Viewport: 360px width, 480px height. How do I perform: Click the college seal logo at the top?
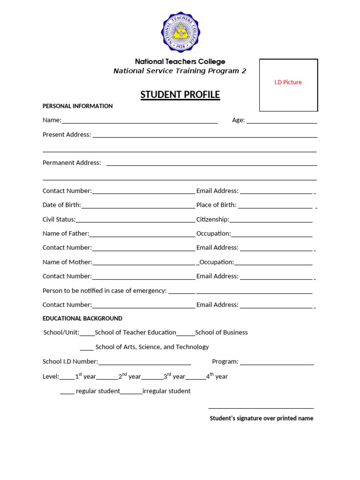tap(180, 32)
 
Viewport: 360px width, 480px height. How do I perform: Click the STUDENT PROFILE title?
tap(180, 95)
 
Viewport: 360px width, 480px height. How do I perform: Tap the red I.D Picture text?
tap(288, 82)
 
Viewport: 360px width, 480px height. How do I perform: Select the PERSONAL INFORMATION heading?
tap(77, 106)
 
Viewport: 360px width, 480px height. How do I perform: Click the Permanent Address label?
tap(72, 163)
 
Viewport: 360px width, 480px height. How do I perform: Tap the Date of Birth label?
tap(61, 205)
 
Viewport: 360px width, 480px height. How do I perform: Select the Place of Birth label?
tap(216, 205)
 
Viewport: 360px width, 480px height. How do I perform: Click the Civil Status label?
tap(59, 219)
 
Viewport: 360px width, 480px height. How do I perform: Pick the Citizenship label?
tap(212, 219)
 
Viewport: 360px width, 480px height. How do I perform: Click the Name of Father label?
tap(66, 233)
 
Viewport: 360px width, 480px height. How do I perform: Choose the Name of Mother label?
tap(67, 262)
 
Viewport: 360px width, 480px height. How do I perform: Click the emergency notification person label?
tap(105, 291)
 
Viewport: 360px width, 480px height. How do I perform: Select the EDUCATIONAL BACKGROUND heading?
tap(82, 318)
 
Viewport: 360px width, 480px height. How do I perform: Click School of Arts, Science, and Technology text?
tap(152, 347)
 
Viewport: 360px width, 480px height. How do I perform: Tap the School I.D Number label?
tap(70, 361)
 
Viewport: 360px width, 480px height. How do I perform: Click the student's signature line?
tap(261, 407)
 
